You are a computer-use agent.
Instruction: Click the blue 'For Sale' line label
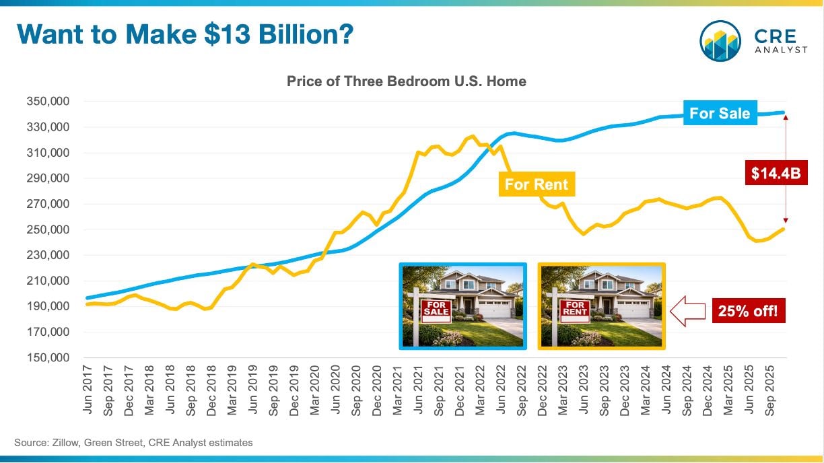click(x=720, y=113)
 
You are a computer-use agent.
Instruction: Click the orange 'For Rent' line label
click(x=537, y=184)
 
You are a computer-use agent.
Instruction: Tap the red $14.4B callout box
click(x=776, y=174)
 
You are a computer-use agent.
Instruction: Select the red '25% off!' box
click(x=747, y=312)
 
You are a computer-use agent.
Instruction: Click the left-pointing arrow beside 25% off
click(x=687, y=312)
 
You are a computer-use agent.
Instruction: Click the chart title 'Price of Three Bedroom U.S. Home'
click(x=406, y=81)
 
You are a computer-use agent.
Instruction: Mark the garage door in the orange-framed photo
click(x=631, y=310)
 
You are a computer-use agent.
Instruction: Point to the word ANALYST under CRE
click(x=781, y=50)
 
